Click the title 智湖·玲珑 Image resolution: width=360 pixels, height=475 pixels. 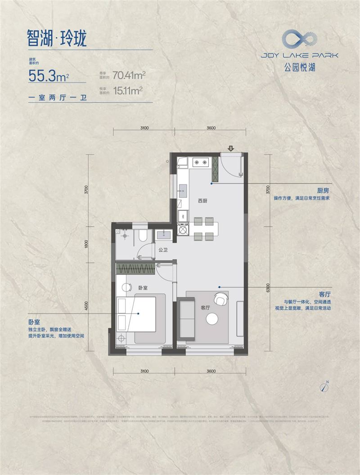(x=56, y=38)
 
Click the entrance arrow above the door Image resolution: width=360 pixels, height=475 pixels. (x=231, y=148)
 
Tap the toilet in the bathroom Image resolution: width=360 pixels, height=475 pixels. (x=143, y=236)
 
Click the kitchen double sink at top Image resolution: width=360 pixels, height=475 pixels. (x=200, y=162)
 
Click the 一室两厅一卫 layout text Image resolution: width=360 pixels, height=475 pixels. (x=57, y=98)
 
